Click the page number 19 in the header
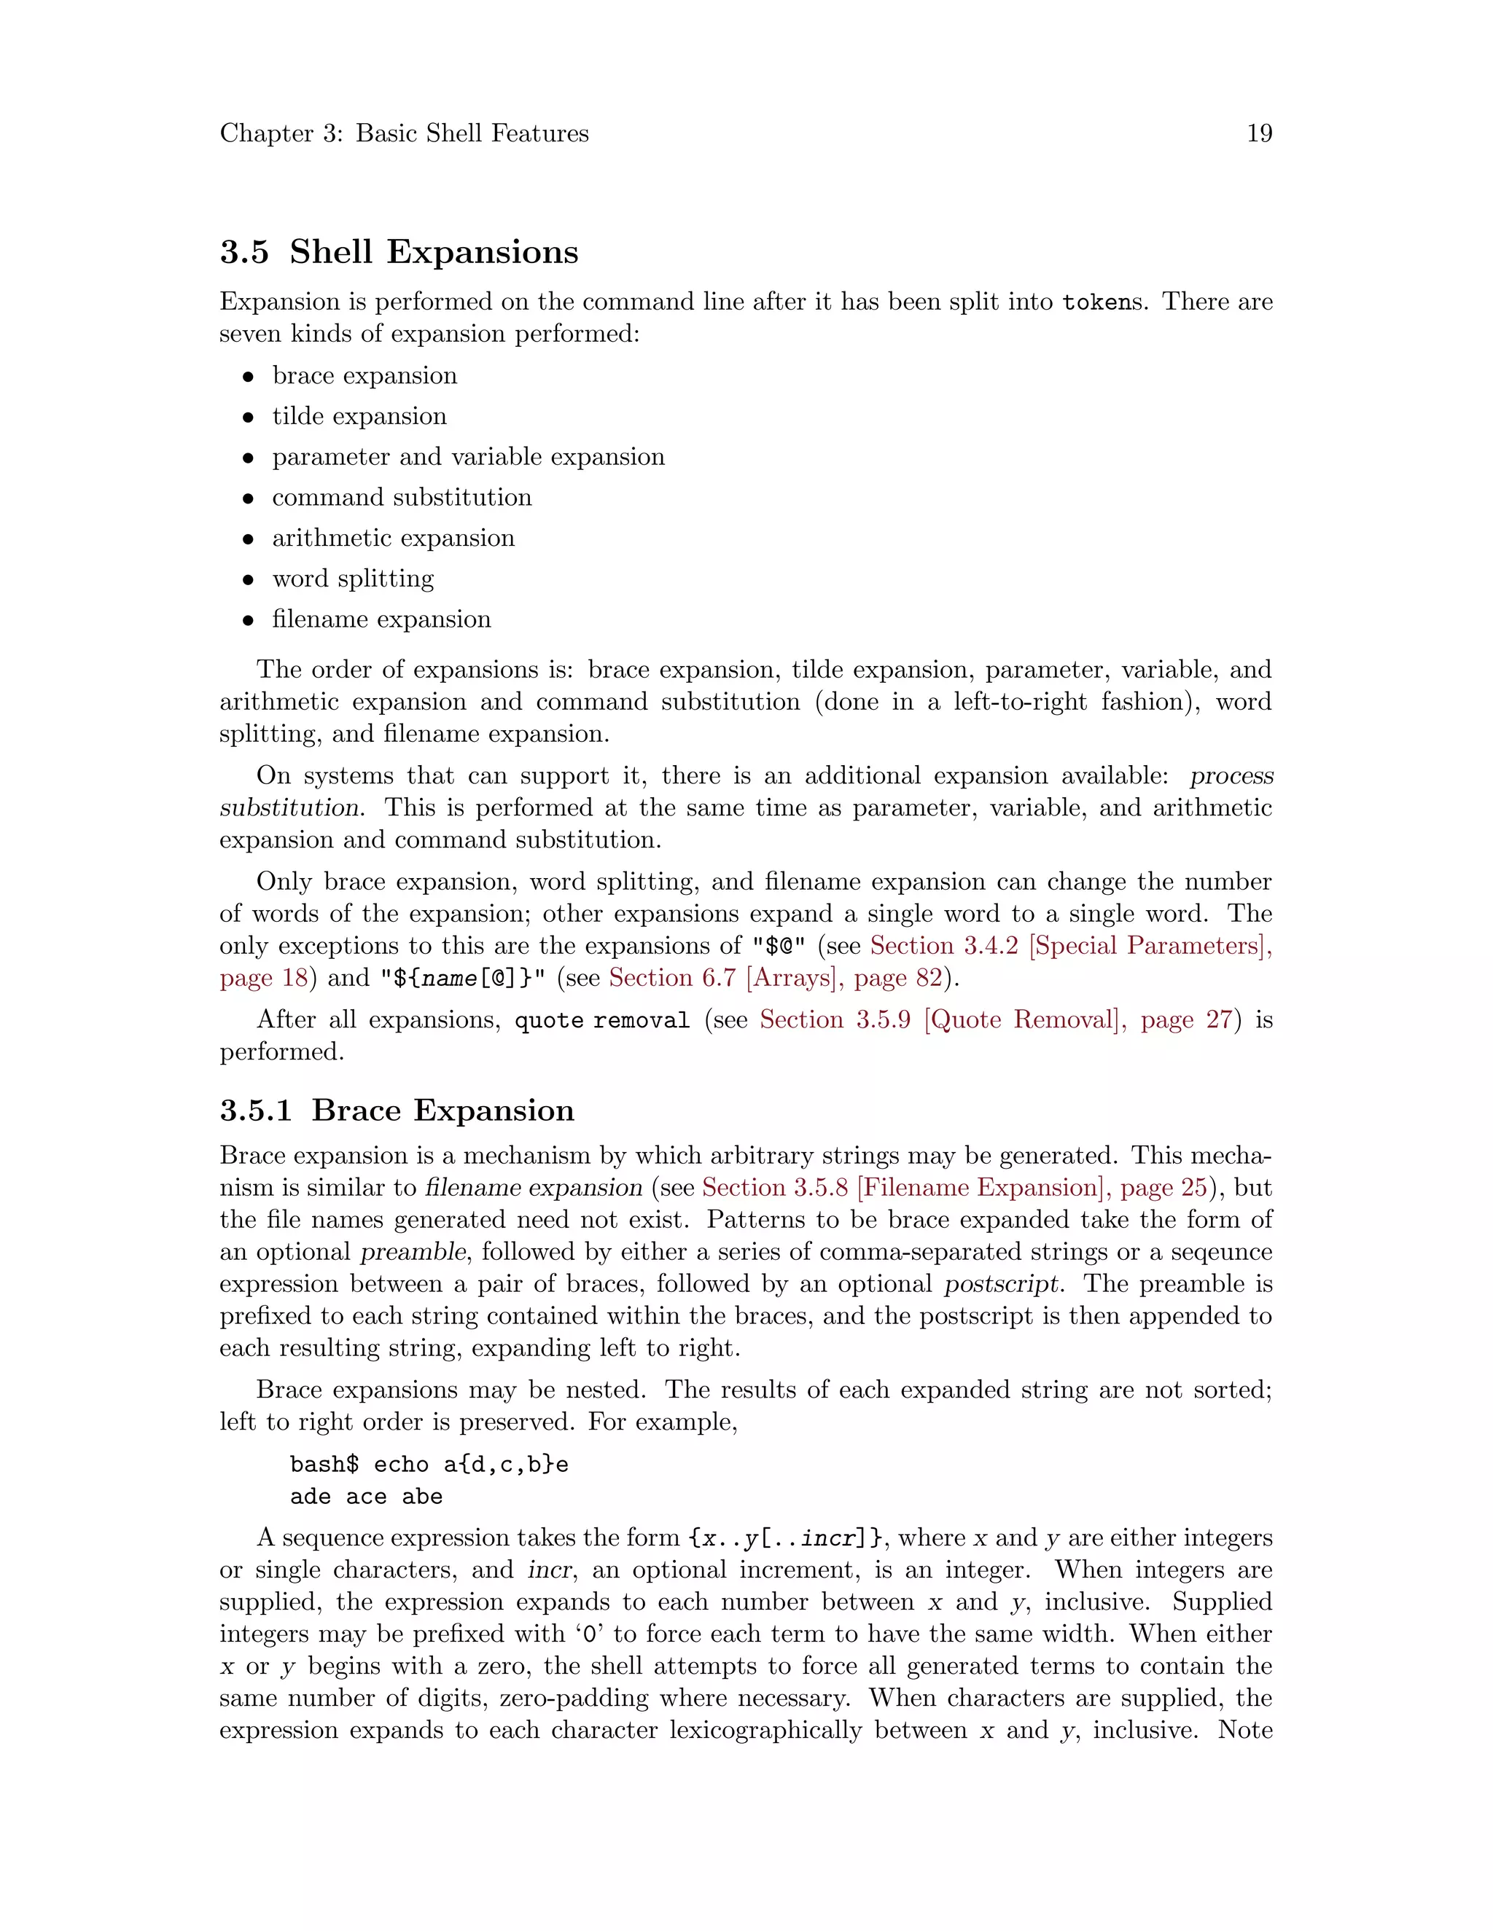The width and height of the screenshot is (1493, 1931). pyautogui.click(x=1258, y=133)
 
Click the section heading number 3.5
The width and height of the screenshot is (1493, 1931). pyautogui.click(x=244, y=252)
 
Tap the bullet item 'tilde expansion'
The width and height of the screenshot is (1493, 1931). pyautogui.click(x=359, y=416)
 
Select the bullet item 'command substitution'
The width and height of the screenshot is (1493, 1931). pyautogui.click(x=402, y=498)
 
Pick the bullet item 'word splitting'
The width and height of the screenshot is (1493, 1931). pyautogui.click(x=353, y=579)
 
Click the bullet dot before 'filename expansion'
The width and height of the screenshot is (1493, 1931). pyautogui.click(x=249, y=621)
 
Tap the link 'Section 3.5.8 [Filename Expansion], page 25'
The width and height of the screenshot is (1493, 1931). pyautogui.click(x=954, y=1188)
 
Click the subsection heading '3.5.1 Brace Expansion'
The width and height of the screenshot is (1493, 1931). pyautogui.click(x=397, y=1111)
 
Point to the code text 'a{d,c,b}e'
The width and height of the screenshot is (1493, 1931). pyautogui.click(x=506, y=1465)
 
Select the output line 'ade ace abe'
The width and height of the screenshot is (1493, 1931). pyautogui.click(x=366, y=1497)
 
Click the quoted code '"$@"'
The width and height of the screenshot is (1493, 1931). pyautogui.click(x=779, y=946)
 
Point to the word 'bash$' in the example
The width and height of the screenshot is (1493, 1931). pyautogui.click(x=324, y=1465)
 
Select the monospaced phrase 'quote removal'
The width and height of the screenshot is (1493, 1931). pyautogui.click(x=601, y=1020)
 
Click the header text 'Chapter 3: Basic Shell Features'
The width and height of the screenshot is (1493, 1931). pyautogui.click(x=404, y=133)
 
